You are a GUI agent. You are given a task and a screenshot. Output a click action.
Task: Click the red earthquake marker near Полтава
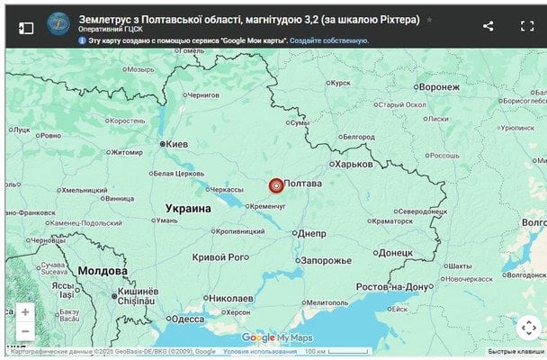276,185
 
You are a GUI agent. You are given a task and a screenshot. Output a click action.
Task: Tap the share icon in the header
488,26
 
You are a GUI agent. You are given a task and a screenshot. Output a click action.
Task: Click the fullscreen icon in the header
527,26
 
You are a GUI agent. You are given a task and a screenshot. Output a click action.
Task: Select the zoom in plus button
24,312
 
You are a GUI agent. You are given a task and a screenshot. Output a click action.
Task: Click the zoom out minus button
24,331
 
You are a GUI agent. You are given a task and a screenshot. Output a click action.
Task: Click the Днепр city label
311,232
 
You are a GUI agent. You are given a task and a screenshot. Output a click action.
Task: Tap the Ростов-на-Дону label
394,286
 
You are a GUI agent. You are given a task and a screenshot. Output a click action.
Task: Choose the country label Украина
188,208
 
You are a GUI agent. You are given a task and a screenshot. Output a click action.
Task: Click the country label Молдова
102,271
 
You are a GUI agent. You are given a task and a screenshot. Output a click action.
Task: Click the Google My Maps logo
276,337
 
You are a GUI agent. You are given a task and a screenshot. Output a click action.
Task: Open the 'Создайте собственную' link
328,40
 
